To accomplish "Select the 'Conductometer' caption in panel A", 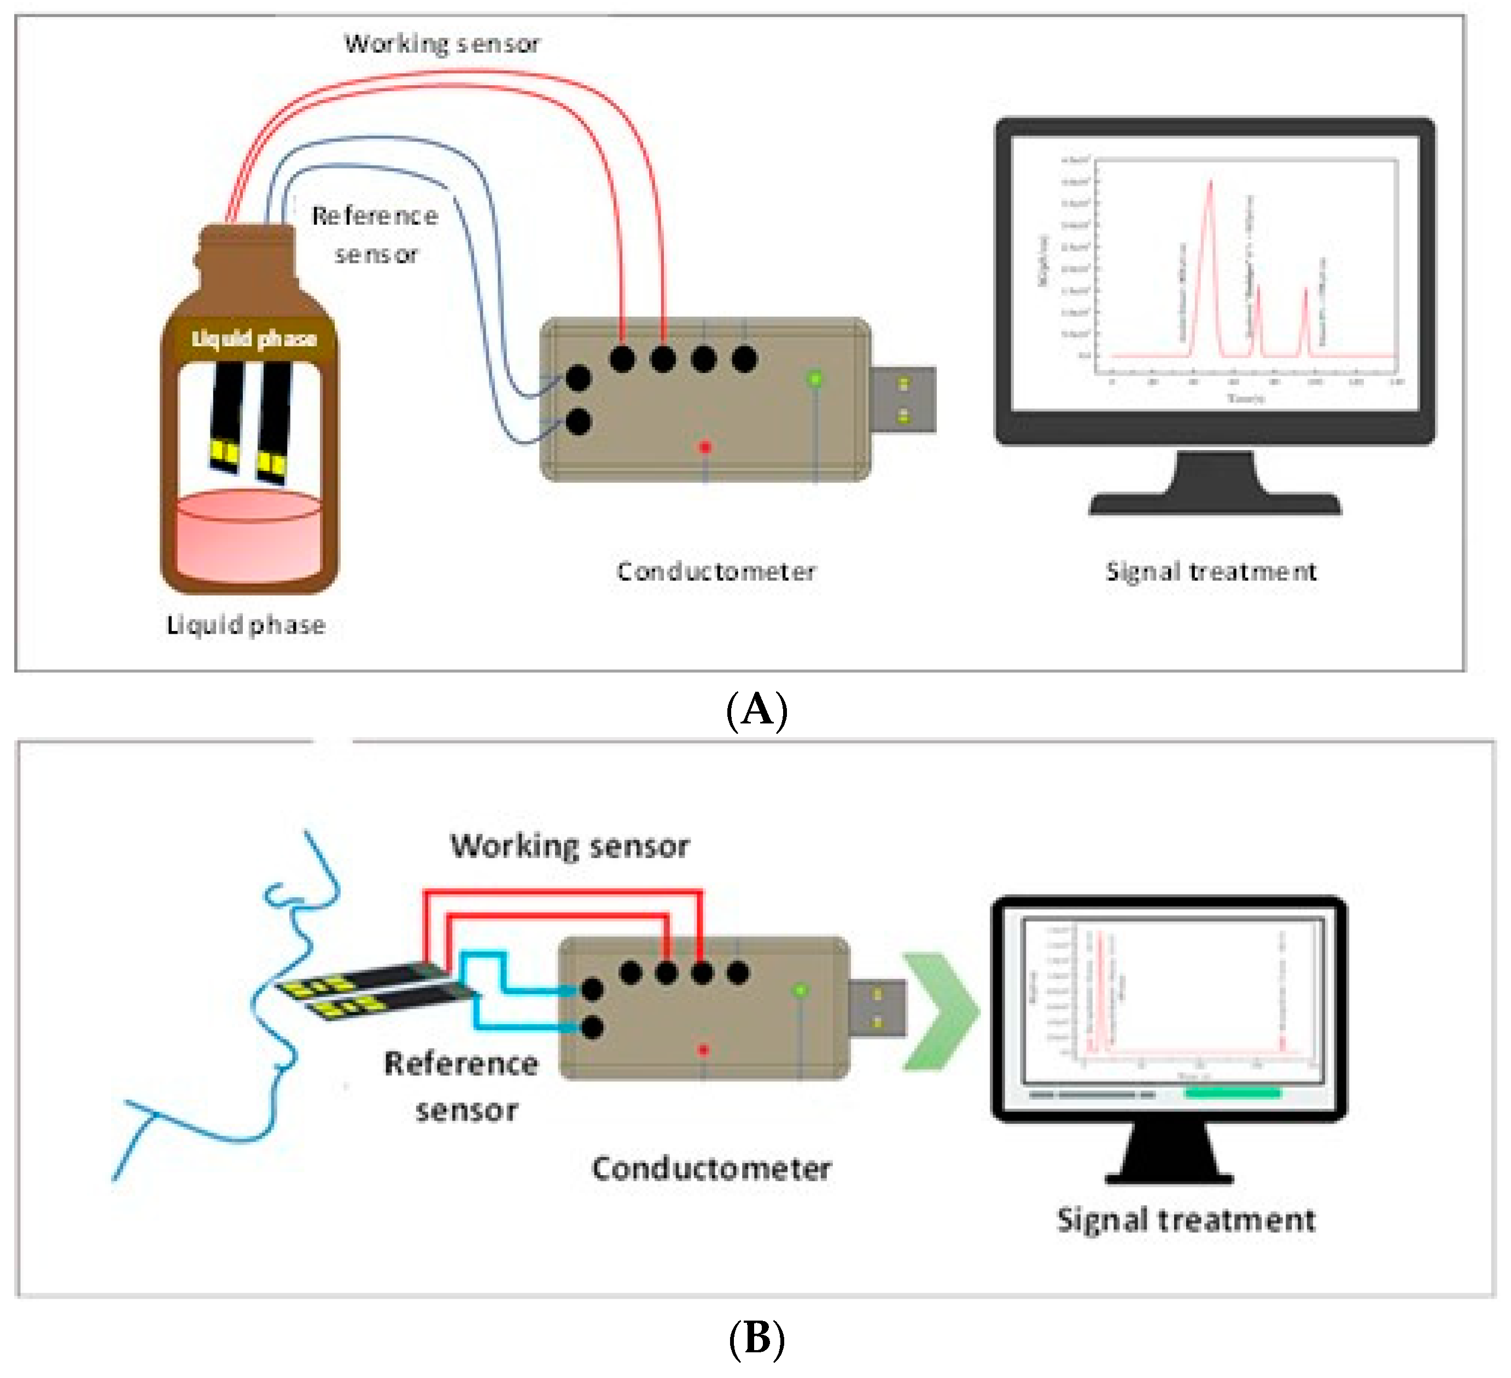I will [716, 572].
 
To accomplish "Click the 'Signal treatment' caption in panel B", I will [1186, 1220].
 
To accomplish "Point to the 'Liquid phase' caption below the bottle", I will [246, 625].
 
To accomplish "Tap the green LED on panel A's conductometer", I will [815, 378].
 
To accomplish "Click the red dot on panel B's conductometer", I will [703, 1050].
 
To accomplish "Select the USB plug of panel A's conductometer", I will [903, 399].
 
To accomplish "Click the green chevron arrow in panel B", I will [940, 1011].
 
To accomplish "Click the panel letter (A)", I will [757, 709].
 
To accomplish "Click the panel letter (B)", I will [757, 1338].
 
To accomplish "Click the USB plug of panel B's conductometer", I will [878, 1008].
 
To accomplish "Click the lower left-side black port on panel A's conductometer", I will [578, 422].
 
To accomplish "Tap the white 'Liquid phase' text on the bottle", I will [254, 338].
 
